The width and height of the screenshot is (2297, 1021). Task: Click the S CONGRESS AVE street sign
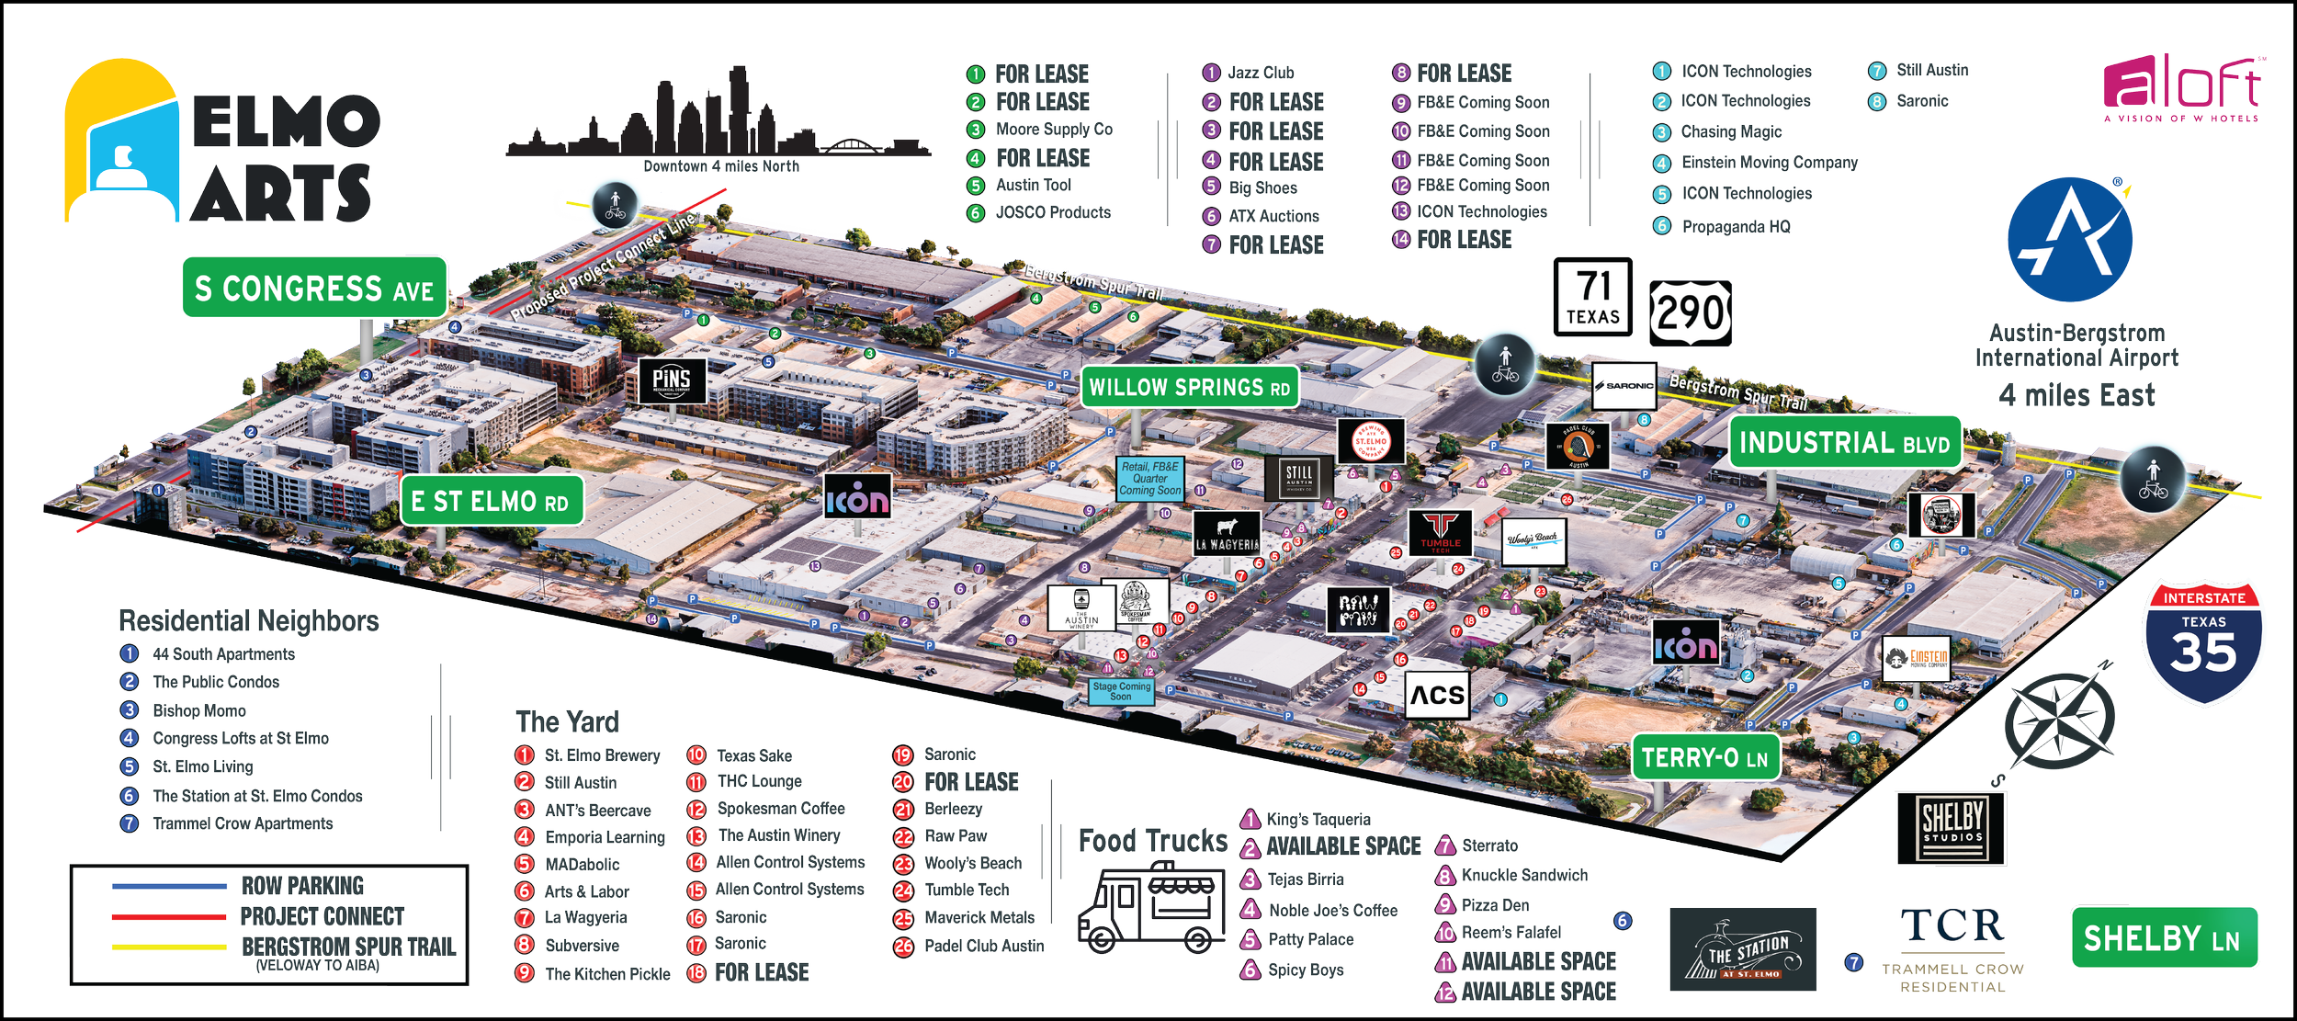point(314,289)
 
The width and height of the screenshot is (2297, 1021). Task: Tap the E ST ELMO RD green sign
point(492,501)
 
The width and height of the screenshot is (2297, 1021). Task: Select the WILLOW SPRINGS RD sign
point(1190,387)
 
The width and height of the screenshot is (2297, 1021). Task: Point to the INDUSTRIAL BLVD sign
point(1845,443)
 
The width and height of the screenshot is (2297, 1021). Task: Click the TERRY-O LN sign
point(1705,758)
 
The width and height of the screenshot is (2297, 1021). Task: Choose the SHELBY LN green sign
point(2163,938)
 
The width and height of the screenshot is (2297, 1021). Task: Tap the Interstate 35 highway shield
point(2203,642)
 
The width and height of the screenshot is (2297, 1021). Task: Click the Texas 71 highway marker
point(1592,297)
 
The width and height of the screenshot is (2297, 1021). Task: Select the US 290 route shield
point(1690,313)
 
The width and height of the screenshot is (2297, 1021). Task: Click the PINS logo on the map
point(672,380)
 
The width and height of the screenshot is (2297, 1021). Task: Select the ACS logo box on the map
point(1437,695)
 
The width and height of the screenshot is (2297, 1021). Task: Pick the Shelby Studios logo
point(1952,827)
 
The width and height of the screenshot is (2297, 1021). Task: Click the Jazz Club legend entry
point(1260,73)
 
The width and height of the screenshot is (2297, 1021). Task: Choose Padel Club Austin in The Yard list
point(983,946)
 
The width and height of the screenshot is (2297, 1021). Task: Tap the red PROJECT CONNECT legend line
point(169,917)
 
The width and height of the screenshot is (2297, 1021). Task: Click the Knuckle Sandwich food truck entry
point(1523,875)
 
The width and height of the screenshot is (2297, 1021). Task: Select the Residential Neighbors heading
point(249,621)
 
